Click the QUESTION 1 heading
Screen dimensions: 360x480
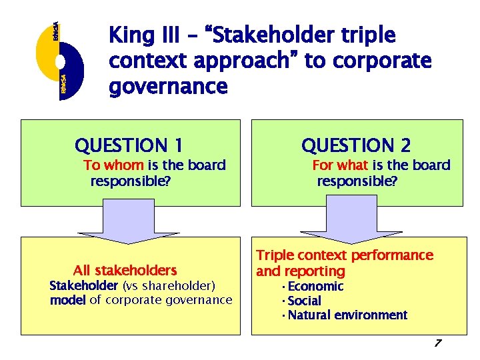129,145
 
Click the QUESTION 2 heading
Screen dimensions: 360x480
356,145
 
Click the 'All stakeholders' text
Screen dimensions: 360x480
125,271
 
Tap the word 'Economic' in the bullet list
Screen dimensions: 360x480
315,287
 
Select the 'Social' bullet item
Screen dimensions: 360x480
304,301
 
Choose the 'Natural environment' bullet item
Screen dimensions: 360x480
347,315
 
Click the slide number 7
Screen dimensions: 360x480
437,343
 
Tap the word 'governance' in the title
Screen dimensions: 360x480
167,87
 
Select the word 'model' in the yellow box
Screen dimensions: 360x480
68,300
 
